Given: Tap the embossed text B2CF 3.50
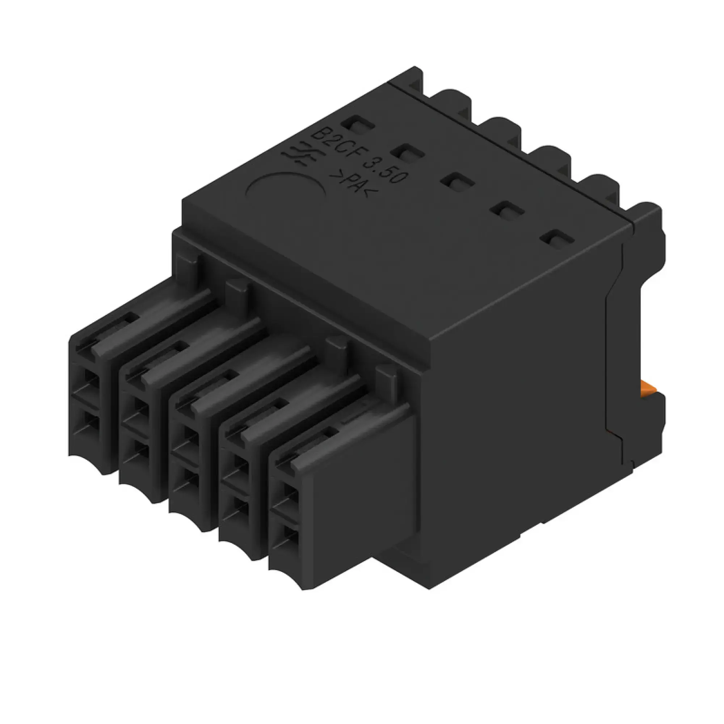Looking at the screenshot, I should [360, 153].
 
